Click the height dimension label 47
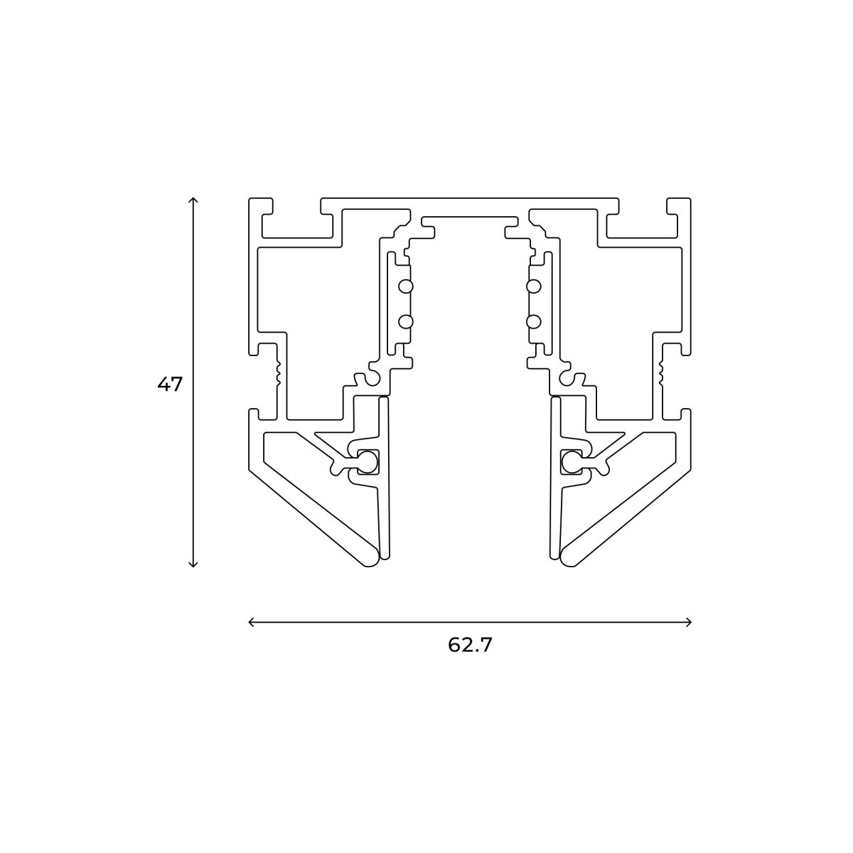170,385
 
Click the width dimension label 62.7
470,645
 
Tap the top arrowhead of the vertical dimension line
193,200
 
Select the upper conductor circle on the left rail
405,286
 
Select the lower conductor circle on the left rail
405,321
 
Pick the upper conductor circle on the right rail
533,286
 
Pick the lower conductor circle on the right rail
533,321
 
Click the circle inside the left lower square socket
368,463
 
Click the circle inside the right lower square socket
571,463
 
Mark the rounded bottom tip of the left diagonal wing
370,558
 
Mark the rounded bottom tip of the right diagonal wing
569,558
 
